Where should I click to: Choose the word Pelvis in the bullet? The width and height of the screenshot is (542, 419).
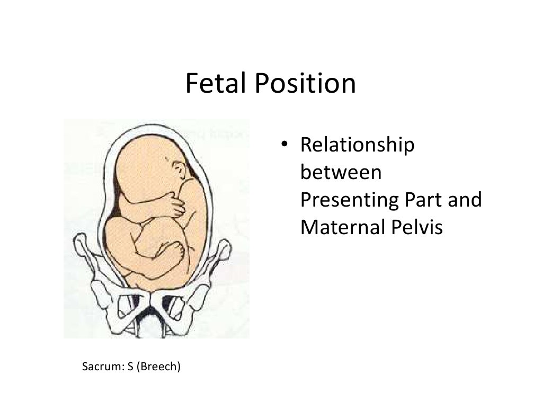pyautogui.click(x=419, y=228)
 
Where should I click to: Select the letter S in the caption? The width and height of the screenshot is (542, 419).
pyautogui.click(x=129, y=366)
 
